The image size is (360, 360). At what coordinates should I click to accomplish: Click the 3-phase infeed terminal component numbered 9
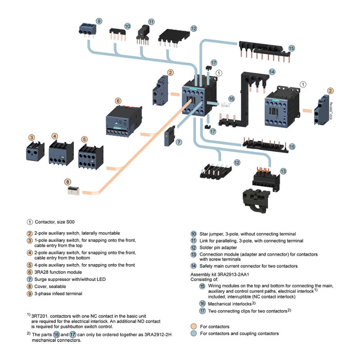point(87,30)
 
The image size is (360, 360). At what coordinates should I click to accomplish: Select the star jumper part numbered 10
point(117,34)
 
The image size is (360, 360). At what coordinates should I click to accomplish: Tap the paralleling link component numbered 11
point(143,35)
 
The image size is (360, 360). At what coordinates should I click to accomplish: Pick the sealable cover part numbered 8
point(73,191)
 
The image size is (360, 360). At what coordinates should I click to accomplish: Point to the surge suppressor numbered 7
point(170,136)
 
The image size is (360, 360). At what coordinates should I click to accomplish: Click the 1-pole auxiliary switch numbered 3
point(35,151)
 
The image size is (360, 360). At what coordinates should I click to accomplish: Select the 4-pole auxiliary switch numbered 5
point(91,157)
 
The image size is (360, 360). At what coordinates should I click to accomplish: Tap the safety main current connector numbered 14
point(244,99)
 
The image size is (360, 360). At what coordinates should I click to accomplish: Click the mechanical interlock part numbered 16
point(225,105)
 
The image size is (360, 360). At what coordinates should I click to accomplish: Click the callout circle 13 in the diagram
point(283,171)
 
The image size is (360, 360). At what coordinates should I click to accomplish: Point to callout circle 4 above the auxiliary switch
point(54,136)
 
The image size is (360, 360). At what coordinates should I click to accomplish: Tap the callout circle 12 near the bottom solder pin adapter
point(237,163)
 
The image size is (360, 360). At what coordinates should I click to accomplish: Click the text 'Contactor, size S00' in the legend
point(54,222)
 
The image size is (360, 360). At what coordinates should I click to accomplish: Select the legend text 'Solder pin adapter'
point(218,247)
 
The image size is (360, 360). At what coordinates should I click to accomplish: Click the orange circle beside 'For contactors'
point(194,327)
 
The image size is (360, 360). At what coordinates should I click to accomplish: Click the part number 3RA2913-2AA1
point(233,274)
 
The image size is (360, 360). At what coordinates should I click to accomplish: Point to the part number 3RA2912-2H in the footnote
point(158,334)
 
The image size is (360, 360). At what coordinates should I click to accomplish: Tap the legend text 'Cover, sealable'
point(50,287)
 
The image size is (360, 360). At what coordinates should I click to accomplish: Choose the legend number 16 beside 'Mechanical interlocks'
point(202,303)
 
